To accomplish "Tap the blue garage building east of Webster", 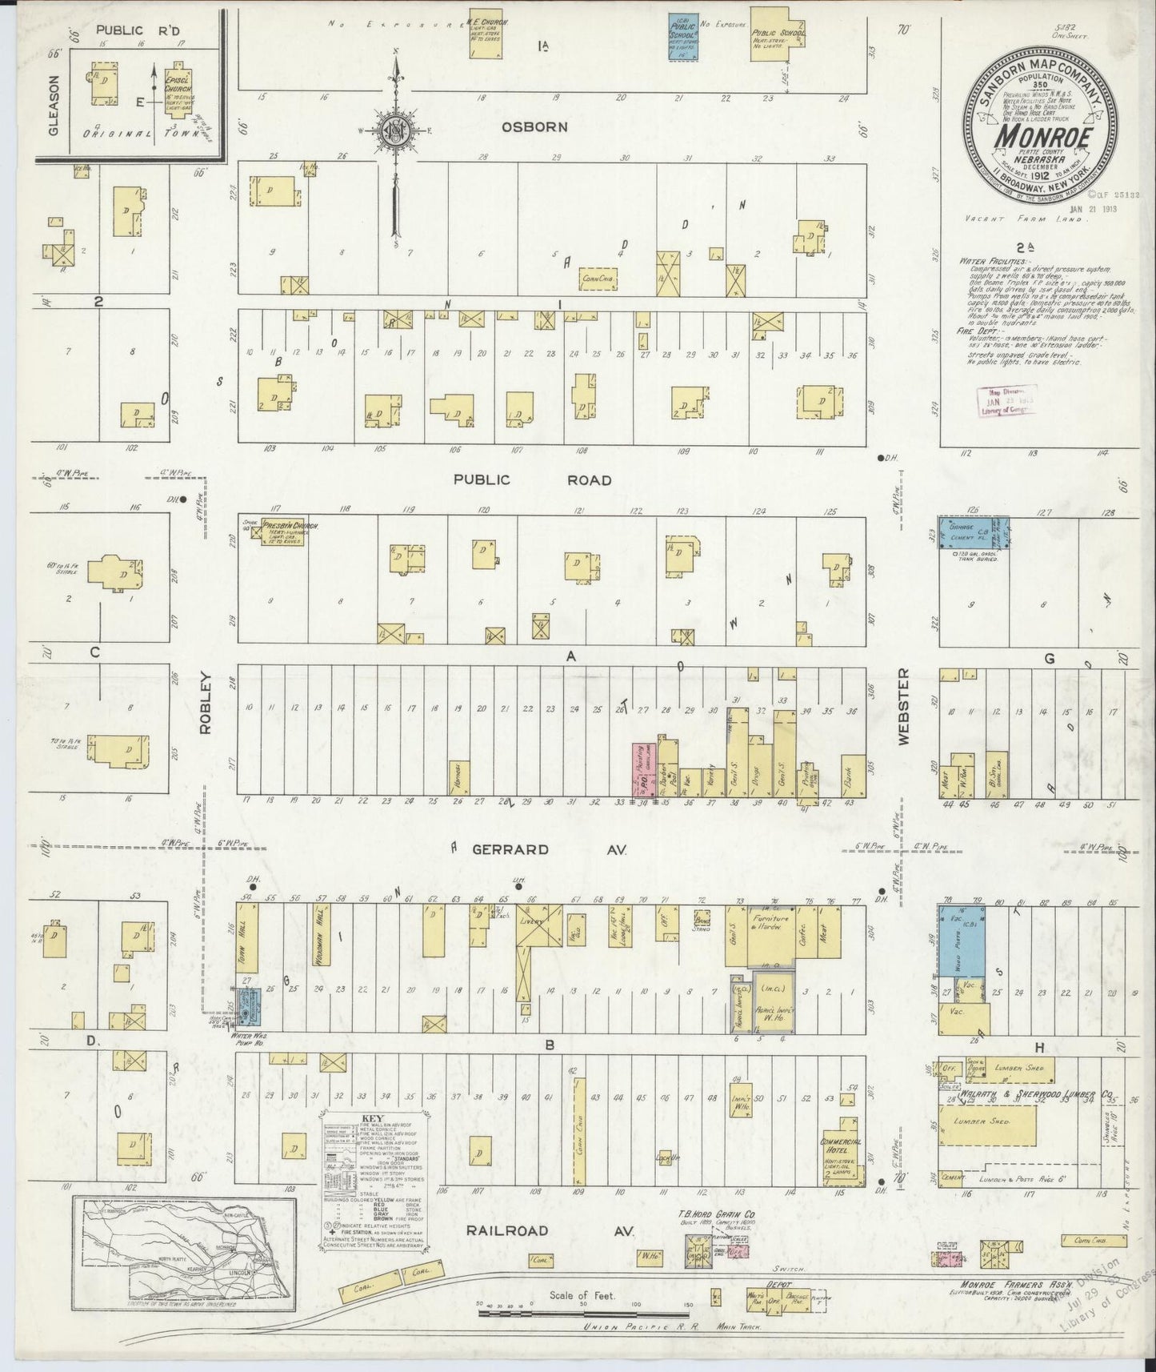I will (973, 533).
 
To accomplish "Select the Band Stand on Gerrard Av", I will (703, 919).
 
